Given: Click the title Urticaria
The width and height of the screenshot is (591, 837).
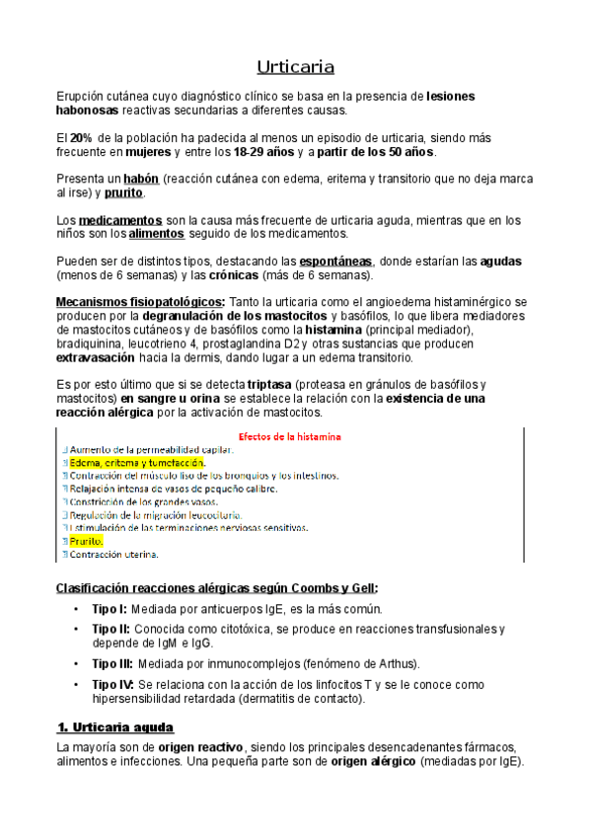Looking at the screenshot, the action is [x=295, y=67].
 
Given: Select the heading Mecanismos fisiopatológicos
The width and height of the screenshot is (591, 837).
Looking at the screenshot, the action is [x=140, y=300].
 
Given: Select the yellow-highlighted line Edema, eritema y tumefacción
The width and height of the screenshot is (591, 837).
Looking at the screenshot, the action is [x=137, y=462].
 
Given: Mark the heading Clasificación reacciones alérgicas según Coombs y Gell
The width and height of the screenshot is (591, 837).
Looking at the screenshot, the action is [x=216, y=587].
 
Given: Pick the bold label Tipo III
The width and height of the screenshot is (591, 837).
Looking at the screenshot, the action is [x=112, y=662].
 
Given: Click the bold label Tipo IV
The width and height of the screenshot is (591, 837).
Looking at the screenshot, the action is [x=112, y=684].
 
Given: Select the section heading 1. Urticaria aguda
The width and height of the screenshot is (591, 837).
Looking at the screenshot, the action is [x=115, y=727].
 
